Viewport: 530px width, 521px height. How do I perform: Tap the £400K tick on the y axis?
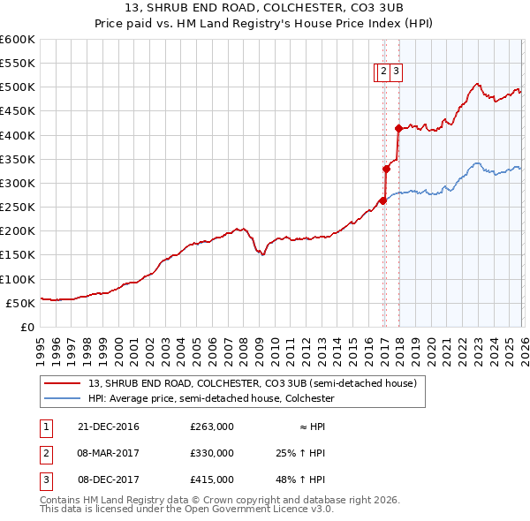18,135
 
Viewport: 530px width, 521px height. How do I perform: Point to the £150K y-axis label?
18,255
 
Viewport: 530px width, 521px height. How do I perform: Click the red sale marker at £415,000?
398,128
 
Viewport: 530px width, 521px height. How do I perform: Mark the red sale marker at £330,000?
387,169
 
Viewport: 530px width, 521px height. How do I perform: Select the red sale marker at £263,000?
383,200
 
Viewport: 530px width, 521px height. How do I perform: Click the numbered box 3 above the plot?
396,73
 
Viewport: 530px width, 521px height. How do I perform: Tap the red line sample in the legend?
63,383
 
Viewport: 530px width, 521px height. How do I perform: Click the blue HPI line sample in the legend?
63,399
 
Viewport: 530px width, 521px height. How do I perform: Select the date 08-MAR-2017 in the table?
109,453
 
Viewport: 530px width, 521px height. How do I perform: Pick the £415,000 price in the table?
212,479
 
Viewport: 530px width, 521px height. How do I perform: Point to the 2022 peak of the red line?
476,84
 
